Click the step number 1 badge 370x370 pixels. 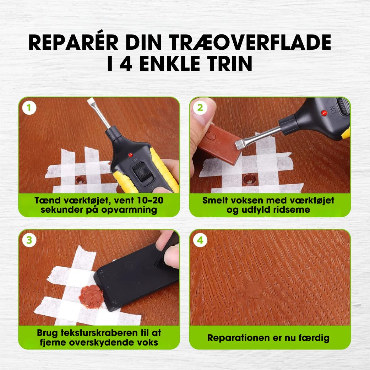(x=29, y=108)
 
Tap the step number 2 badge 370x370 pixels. (x=200, y=108)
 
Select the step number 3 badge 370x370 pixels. (x=29, y=240)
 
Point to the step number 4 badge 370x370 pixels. (x=200, y=240)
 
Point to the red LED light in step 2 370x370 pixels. (x=323, y=113)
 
